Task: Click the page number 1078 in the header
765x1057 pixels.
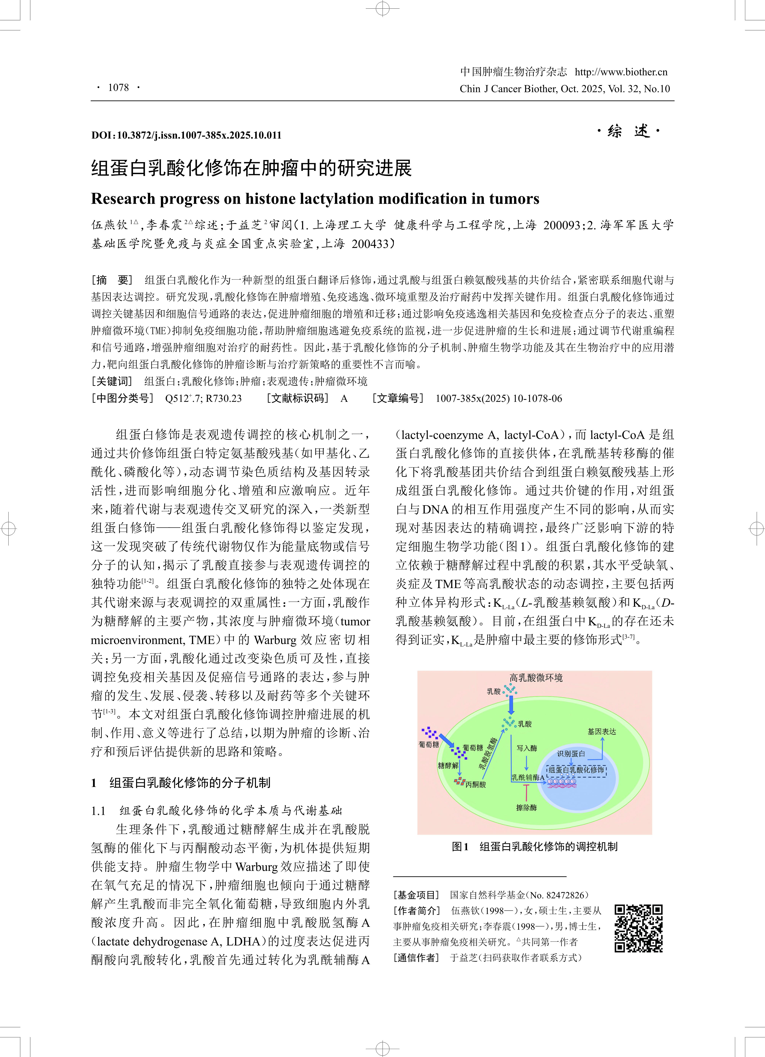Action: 118,88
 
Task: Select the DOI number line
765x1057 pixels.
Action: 186,135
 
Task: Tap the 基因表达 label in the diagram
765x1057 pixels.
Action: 601,732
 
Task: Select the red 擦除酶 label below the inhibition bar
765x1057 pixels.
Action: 526,808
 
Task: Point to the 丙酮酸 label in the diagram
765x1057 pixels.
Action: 476,784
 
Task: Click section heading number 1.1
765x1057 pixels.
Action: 98,811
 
